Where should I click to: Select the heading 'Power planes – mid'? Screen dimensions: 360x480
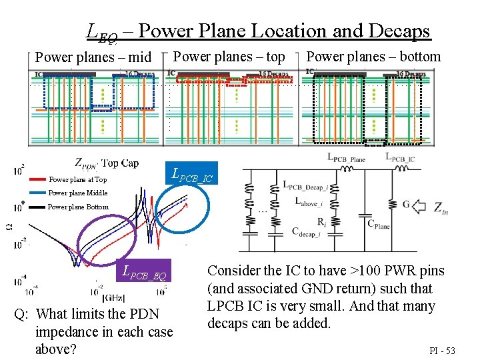pos(93,57)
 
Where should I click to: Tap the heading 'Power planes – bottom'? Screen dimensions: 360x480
pos(373,57)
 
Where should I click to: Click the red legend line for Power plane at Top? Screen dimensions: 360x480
pos(39,179)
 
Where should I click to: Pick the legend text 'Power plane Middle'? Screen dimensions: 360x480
pos(78,193)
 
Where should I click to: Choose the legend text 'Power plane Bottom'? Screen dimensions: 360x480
pos(78,207)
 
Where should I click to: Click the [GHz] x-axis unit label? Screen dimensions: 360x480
pos(111,297)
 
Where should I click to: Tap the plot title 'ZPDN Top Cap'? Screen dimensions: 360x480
pos(107,163)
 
